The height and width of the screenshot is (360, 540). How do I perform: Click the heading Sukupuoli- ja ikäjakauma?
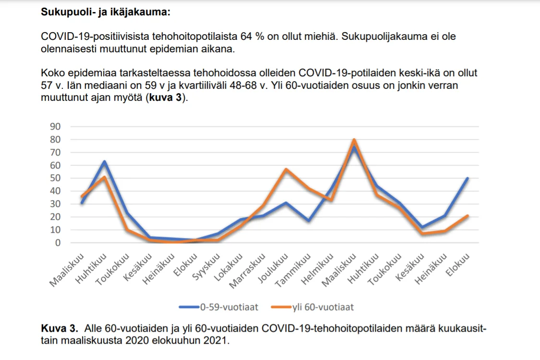click(x=106, y=12)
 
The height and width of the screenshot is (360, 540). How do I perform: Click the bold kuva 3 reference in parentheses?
click(x=167, y=98)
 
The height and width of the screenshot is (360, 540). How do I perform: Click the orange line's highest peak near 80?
click(x=354, y=140)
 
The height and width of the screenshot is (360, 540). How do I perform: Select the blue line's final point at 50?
click(x=467, y=178)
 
